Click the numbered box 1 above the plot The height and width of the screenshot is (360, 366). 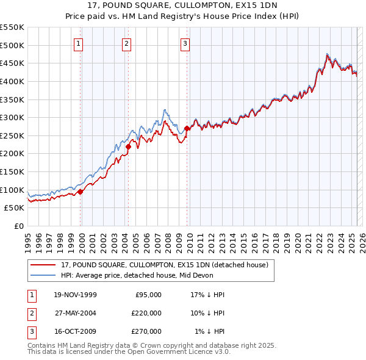click(80, 43)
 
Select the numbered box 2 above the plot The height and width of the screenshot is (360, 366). click(126, 43)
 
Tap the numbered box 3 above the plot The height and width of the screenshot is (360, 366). click(185, 43)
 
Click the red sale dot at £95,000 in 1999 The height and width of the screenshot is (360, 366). click(81, 192)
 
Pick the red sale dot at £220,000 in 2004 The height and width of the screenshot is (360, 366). click(129, 146)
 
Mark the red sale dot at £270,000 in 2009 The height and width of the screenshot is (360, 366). click(187, 128)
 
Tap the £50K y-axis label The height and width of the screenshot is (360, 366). click(15, 208)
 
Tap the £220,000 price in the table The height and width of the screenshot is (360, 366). click(146, 313)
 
